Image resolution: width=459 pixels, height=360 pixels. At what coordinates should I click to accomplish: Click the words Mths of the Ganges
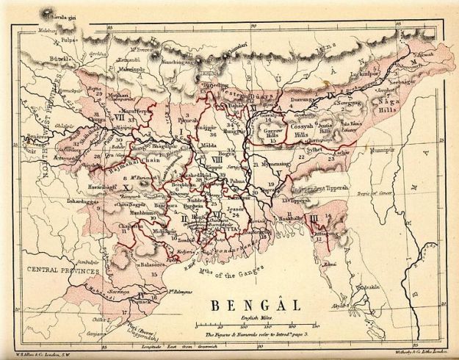pyautogui.click(x=233, y=274)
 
